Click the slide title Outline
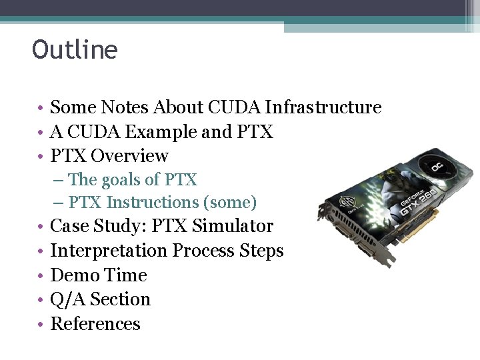pyautogui.click(x=75, y=50)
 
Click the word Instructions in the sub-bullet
pyautogui.click(x=154, y=202)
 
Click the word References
pyautogui.click(x=95, y=324)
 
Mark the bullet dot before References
pyautogui.click(x=40, y=325)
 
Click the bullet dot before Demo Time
pyautogui.click(x=40, y=276)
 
